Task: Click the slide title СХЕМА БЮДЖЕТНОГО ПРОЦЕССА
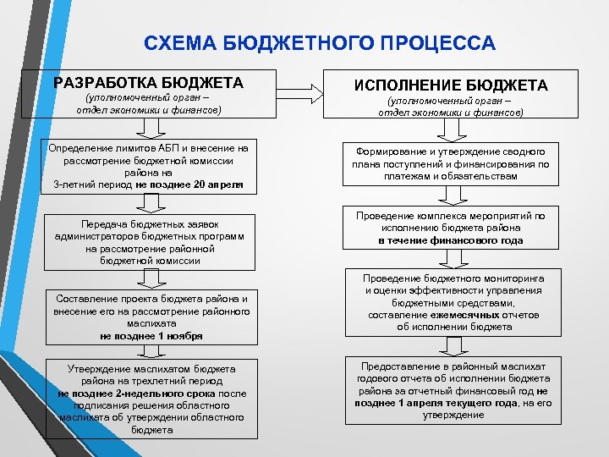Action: click(x=320, y=42)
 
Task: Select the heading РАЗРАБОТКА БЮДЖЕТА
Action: click(x=148, y=83)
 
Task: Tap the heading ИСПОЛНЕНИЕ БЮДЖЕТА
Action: click(x=451, y=85)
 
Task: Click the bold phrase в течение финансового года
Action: click(x=451, y=240)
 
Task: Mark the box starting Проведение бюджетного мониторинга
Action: click(x=451, y=302)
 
